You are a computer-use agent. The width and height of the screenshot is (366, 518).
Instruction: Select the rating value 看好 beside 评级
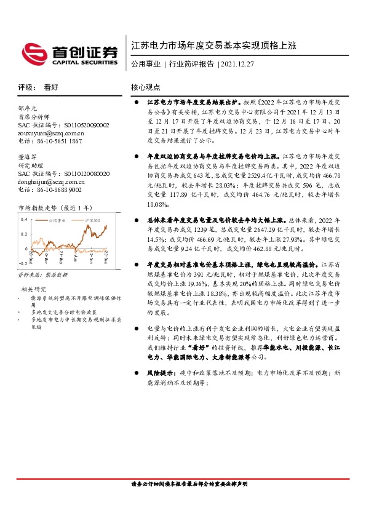click(51, 87)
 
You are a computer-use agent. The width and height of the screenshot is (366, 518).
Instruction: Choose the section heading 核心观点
click(146, 87)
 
